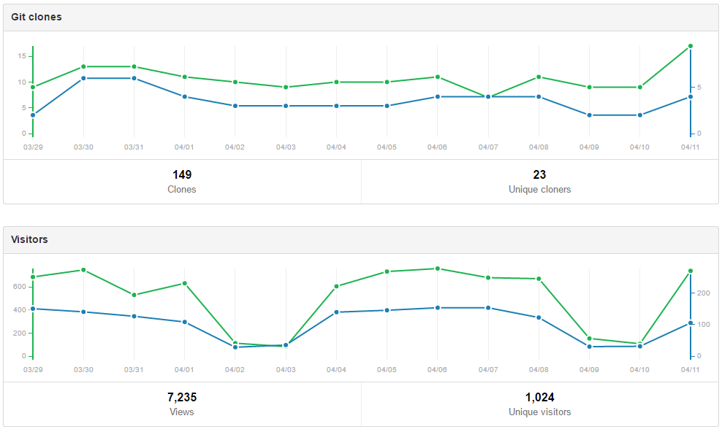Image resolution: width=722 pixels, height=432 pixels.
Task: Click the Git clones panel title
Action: [36, 17]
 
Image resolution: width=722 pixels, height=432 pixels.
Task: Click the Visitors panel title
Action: [29, 239]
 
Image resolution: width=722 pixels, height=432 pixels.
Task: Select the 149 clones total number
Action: [182, 174]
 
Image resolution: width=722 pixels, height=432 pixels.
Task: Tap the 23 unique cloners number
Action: [539, 174]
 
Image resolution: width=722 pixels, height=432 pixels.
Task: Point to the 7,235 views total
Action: [182, 398]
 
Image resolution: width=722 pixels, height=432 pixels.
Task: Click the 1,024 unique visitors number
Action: [539, 398]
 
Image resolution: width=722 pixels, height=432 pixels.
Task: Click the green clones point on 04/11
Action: [691, 46]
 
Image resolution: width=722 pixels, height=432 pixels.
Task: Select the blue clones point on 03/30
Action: [83, 78]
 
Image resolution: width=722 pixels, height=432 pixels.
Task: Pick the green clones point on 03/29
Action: [33, 87]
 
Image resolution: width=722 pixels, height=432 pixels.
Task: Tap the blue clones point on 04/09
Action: [589, 115]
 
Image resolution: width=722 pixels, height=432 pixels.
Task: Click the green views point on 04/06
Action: [438, 269]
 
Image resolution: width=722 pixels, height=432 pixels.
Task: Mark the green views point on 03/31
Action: [134, 295]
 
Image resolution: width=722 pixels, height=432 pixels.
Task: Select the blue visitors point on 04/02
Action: [235, 347]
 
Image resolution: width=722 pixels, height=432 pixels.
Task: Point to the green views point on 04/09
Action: [589, 339]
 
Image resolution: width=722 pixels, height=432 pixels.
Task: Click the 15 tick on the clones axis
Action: [23, 56]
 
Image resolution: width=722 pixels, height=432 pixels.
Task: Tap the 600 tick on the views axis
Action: [20, 287]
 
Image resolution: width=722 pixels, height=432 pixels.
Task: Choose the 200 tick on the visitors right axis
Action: [704, 293]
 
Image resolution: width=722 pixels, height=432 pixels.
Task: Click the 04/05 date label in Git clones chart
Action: [387, 147]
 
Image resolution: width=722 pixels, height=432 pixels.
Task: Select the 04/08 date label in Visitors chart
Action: [539, 370]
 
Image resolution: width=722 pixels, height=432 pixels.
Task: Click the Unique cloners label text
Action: [539, 189]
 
